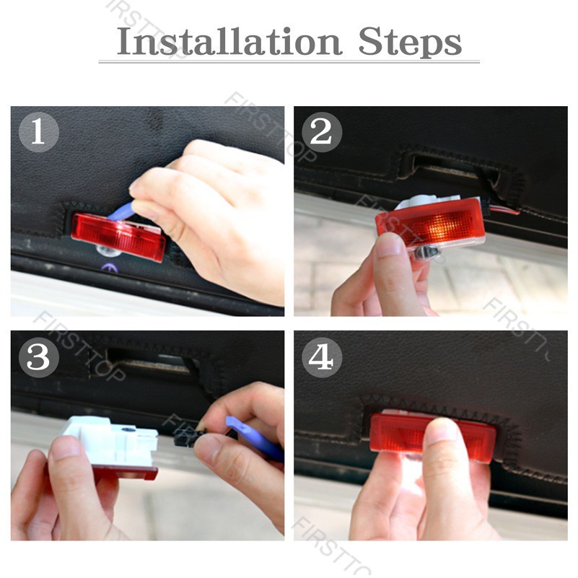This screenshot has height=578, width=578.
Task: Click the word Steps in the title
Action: (410, 43)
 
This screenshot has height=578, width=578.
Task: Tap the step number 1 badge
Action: (39, 132)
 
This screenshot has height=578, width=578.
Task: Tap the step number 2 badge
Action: (321, 132)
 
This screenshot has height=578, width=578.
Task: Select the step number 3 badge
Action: (39, 357)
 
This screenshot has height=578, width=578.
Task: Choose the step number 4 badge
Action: (321, 357)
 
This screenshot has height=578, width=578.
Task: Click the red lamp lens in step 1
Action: (118, 237)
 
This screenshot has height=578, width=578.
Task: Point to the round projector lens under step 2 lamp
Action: (426, 253)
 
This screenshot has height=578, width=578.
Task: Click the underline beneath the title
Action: (289, 61)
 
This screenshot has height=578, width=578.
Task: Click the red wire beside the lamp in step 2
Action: (504, 211)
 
